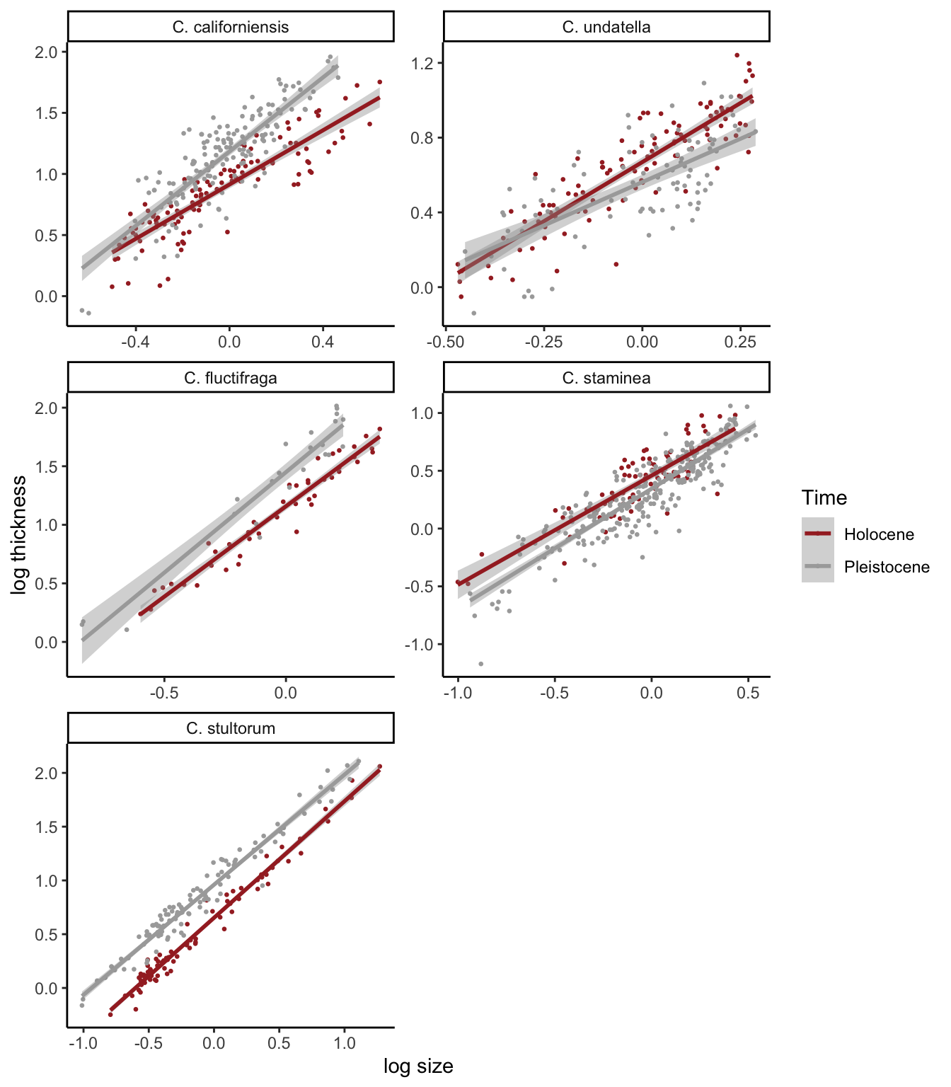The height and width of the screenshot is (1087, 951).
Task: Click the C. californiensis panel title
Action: (x=231, y=28)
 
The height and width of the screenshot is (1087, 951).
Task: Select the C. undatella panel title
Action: (x=606, y=28)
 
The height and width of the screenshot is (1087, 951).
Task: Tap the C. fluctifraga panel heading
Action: (x=231, y=378)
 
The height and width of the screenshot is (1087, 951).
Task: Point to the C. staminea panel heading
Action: (x=606, y=378)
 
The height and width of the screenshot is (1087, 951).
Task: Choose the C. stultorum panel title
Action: (x=231, y=728)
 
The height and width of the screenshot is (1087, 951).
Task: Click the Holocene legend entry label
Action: (x=879, y=535)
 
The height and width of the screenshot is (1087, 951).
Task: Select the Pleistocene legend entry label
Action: (x=887, y=567)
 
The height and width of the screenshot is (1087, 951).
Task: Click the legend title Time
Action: (x=824, y=498)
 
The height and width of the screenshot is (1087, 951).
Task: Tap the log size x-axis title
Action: (x=418, y=1066)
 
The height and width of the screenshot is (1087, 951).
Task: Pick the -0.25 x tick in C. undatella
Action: (x=543, y=343)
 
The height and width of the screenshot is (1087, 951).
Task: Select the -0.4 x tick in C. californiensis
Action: (x=135, y=343)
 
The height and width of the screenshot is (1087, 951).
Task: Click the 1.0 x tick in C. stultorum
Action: (x=345, y=1043)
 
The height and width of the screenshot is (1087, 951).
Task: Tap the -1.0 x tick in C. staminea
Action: (x=458, y=693)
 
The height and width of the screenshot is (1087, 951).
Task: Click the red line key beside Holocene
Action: (x=818, y=534)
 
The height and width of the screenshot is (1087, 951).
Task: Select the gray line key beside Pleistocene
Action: (x=818, y=566)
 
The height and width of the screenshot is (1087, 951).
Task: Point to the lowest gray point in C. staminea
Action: (x=481, y=664)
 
